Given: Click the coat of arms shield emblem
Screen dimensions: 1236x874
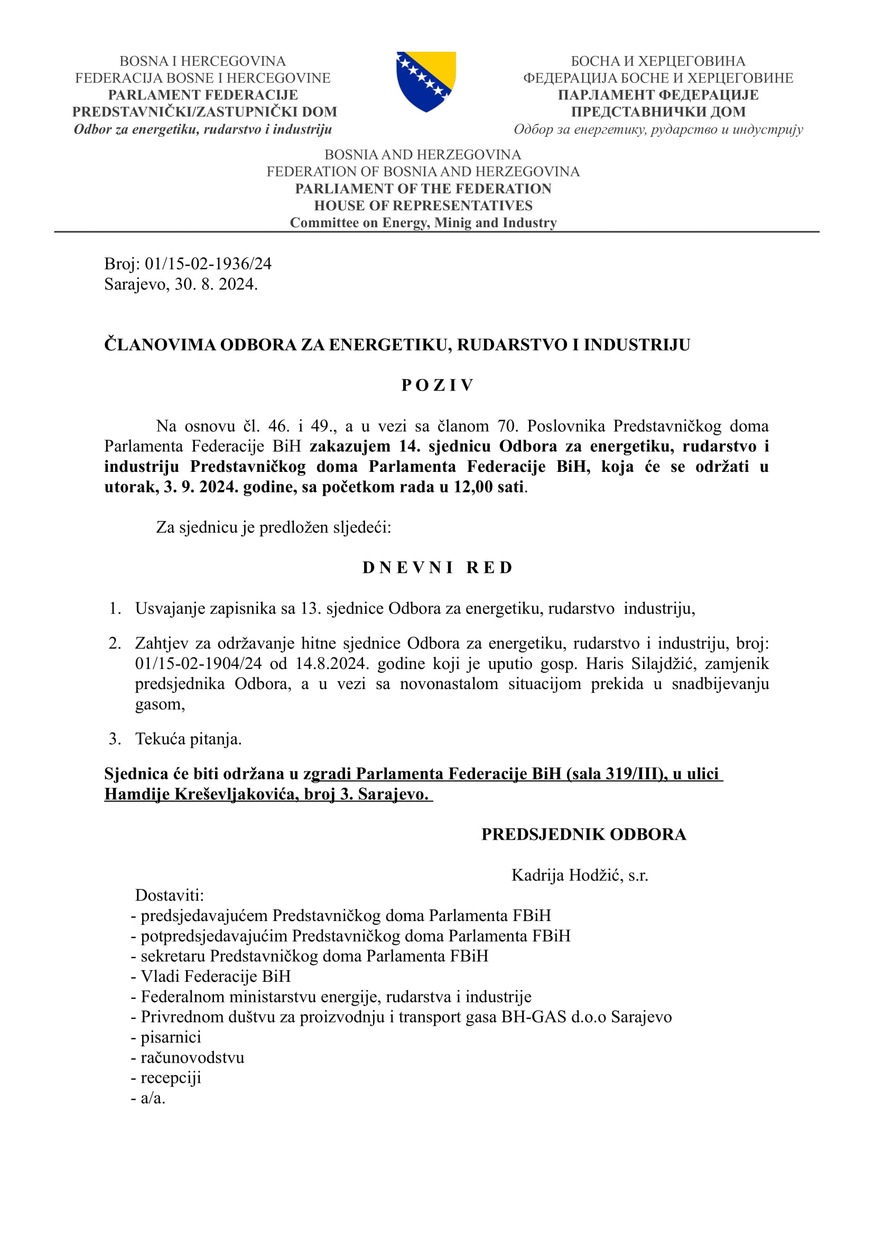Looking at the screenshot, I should (426, 81).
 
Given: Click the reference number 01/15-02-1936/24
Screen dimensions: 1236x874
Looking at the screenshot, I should (208, 264).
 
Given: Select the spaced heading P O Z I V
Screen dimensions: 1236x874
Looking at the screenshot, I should (437, 385).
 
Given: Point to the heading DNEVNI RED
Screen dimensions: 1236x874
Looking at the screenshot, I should (437, 568).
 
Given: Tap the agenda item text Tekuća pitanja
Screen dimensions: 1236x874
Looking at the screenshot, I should (188, 739).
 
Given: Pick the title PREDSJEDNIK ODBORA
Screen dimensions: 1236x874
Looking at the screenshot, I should (583, 834).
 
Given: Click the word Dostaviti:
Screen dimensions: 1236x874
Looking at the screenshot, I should (170, 895).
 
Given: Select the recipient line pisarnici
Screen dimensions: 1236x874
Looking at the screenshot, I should (171, 1037).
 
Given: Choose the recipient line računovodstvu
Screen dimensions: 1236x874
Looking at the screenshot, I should (192, 1057).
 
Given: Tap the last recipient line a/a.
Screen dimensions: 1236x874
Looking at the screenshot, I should (153, 1098).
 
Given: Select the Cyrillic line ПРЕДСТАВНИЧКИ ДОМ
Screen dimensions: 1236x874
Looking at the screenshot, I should (658, 112).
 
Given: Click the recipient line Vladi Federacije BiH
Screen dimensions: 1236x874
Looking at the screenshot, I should (215, 976).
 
